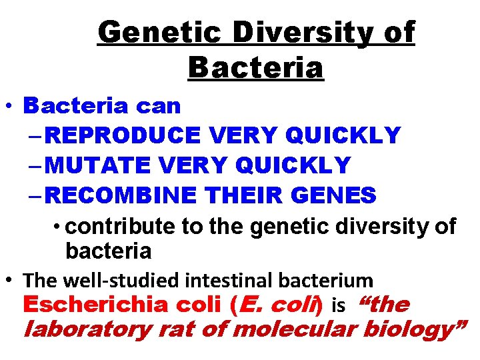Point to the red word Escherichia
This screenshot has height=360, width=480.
94,305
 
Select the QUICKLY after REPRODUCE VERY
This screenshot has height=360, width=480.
342,135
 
